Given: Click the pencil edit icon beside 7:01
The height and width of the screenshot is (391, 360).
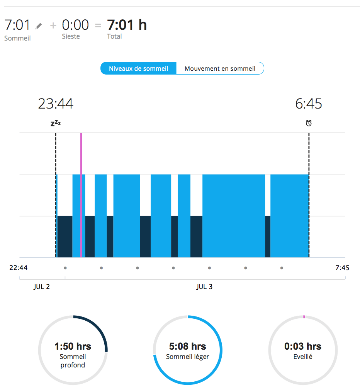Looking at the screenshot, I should pyautogui.click(x=39, y=26).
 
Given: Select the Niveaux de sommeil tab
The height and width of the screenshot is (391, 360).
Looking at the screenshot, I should pyautogui.click(x=138, y=68).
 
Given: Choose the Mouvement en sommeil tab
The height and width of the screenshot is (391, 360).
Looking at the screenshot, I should pyautogui.click(x=220, y=68).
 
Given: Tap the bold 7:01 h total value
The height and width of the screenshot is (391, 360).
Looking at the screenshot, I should pyautogui.click(x=127, y=25).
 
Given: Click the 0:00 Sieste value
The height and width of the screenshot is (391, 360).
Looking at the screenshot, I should pyautogui.click(x=75, y=25).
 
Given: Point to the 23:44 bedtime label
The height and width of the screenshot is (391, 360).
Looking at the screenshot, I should pyautogui.click(x=56, y=104).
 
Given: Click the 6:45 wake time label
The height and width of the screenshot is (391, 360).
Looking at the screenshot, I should pyautogui.click(x=309, y=104).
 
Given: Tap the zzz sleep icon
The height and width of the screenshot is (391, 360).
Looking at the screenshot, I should pyautogui.click(x=56, y=124).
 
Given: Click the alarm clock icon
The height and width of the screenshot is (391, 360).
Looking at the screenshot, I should pyautogui.click(x=309, y=123).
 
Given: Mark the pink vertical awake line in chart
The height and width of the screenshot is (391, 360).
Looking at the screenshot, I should pyautogui.click(x=81, y=193).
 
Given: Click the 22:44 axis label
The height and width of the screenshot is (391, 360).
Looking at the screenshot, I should pyautogui.click(x=18, y=268).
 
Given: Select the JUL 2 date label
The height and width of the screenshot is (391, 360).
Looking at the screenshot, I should pyautogui.click(x=42, y=287).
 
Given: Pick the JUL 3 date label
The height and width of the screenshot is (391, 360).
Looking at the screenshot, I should pyautogui.click(x=204, y=287).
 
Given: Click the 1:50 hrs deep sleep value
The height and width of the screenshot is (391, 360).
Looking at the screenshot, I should pyautogui.click(x=73, y=346).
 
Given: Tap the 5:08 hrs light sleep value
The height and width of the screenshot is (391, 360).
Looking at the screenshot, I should pyautogui.click(x=187, y=346).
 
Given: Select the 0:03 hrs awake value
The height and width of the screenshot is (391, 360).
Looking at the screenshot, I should pyautogui.click(x=302, y=346).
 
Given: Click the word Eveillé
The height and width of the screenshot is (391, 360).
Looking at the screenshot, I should pyautogui.click(x=302, y=357).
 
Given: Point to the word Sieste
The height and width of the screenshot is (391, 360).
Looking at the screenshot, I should pyautogui.click(x=71, y=36).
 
